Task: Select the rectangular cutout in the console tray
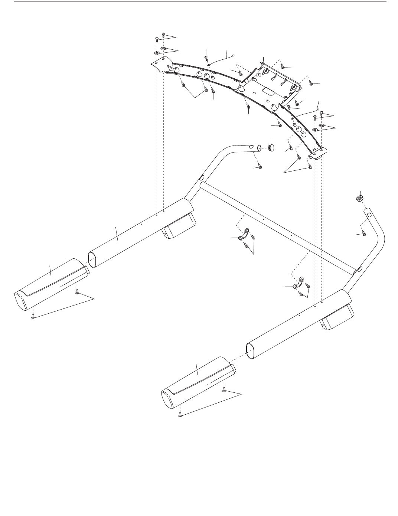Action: tap(266, 90)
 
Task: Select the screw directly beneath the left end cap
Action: tap(33, 316)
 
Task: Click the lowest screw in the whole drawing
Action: tap(180, 415)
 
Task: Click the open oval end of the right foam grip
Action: tap(251, 351)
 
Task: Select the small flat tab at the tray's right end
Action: tap(319, 154)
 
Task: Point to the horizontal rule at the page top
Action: tap(199, 1)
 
